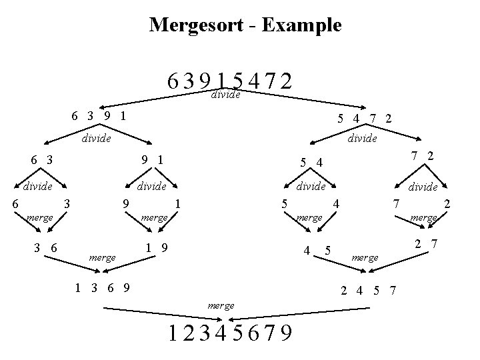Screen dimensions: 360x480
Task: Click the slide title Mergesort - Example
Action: click(x=245, y=25)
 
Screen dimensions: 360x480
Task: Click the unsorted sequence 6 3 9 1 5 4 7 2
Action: click(x=231, y=81)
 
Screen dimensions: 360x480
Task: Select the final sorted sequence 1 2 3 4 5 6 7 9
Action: click(x=231, y=331)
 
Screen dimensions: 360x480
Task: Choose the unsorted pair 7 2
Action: click(x=421, y=155)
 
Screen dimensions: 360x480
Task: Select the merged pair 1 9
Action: click(x=157, y=248)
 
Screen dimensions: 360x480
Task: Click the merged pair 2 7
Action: click(x=425, y=244)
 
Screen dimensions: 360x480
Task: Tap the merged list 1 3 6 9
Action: click(x=103, y=288)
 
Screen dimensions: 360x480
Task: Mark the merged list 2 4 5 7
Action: click(x=369, y=290)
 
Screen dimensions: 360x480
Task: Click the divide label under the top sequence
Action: click(x=225, y=95)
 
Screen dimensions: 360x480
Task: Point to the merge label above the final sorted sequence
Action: click(x=221, y=305)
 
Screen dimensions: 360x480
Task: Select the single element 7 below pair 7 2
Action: click(x=395, y=201)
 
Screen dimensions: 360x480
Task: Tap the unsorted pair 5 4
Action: click(x=311, y=161)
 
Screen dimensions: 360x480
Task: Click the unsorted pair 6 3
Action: click(x=42, y=159)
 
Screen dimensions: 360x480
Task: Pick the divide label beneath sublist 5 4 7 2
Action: click(x=362, y=139)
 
